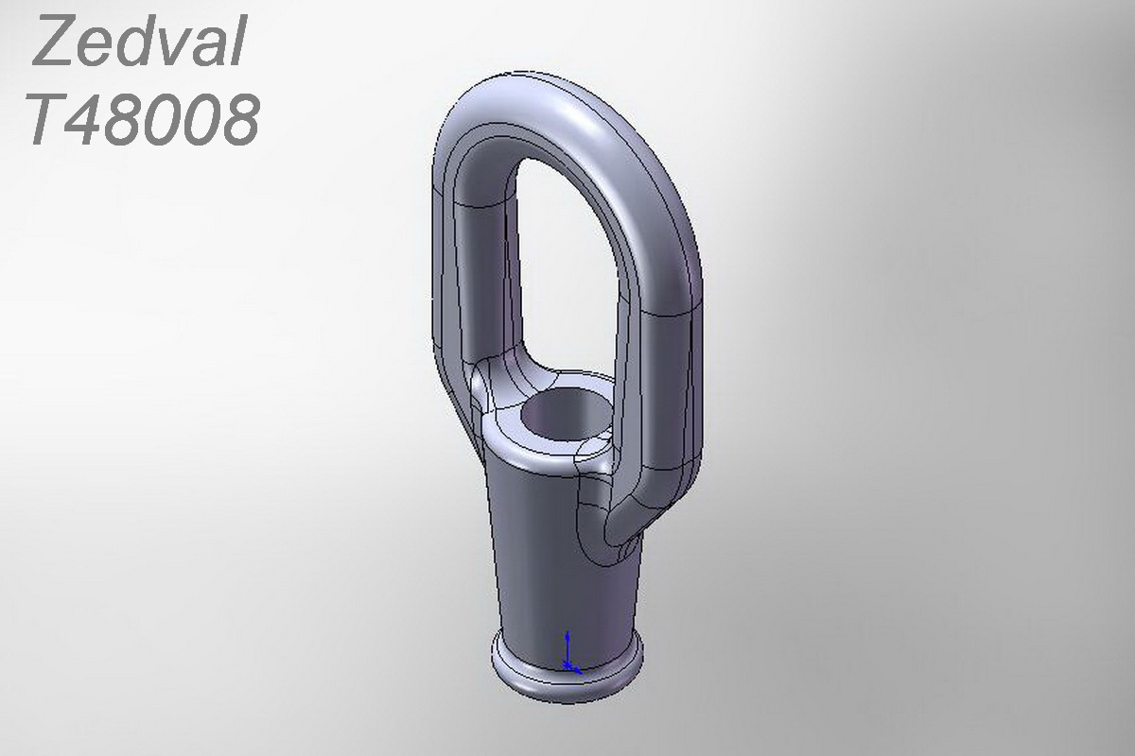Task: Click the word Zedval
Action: (140, 40)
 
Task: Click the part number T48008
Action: (144, 120)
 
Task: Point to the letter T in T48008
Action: (49, 120)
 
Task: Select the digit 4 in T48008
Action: (88, 120)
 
